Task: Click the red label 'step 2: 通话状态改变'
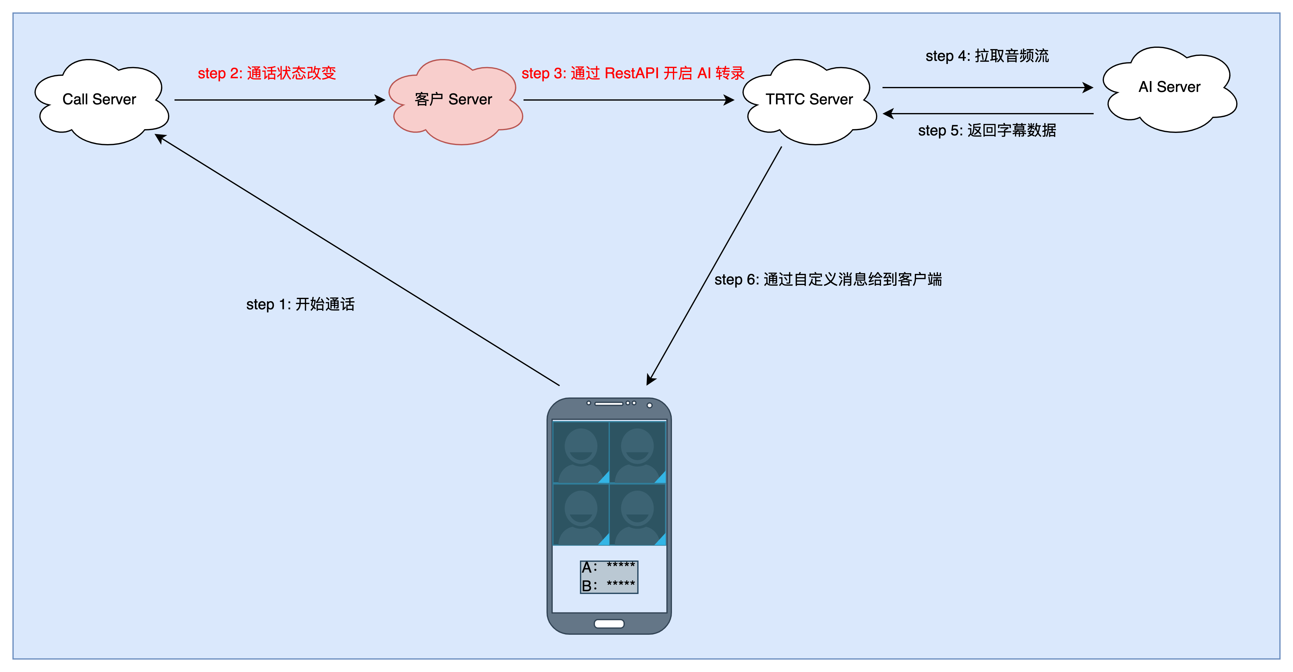[x=266, y=73]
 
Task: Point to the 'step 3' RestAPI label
[x=633, y=73]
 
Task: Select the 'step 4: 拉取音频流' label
[x=987, y=56]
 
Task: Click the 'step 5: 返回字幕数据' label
[x=987, y=130]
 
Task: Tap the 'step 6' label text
[x=828, y=279]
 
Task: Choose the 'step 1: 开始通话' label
[x=300, y=304]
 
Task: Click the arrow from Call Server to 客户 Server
[x=279, y=100]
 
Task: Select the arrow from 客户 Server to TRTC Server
[x=628, y=100]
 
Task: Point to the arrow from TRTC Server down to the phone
[x=714, y=266]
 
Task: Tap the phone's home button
[x=609, y=624]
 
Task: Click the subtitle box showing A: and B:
[x=609, y=577]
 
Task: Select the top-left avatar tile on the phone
[x=581, y=452]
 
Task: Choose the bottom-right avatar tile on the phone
[x=637, y=515]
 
